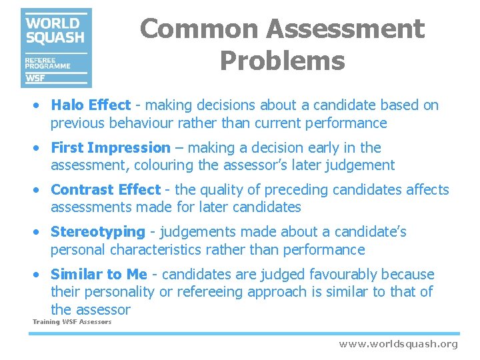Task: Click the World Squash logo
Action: (56, 48)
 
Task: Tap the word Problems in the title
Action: (282, 61)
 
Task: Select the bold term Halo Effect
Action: (91, 105)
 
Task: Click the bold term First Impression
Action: (111, 148)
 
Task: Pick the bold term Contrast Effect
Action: (105, 190)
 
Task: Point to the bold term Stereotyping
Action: (97, 232)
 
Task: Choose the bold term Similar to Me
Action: (99, 275)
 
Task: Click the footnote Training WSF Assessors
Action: (72, 323)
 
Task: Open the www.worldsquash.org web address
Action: (398, 344)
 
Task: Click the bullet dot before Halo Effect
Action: (40, 105)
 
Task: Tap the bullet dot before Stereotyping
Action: (40, 233)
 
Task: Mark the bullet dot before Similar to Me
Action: (40, 275)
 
